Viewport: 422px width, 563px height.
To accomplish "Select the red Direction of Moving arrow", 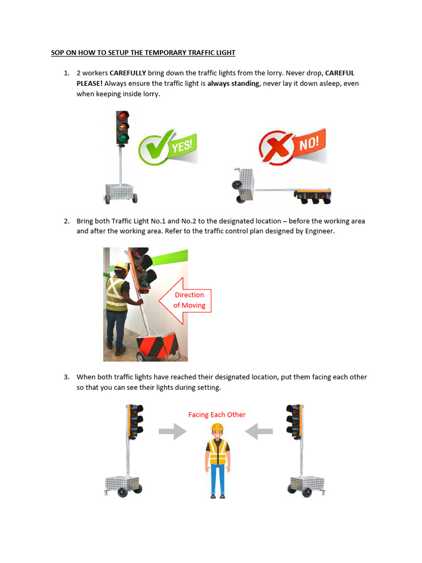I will (x=185, y=300).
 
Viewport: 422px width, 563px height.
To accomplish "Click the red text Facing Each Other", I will (x=217, y=415).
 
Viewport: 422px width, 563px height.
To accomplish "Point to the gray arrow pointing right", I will (x=173, y=432).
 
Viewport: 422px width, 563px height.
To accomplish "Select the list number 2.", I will (x=66, y=221).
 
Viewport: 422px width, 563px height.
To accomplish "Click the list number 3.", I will (x=66, y=377).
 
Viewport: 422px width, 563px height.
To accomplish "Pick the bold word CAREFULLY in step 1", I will (x=128, y=73).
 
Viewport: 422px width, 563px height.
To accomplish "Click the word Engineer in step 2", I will (x=319, y=231).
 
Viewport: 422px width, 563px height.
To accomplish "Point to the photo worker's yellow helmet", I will (x=120, y=267).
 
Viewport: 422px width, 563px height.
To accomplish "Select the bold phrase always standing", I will (x=233, y=84).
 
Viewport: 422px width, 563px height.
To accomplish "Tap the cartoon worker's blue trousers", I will (x=218, y=478).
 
